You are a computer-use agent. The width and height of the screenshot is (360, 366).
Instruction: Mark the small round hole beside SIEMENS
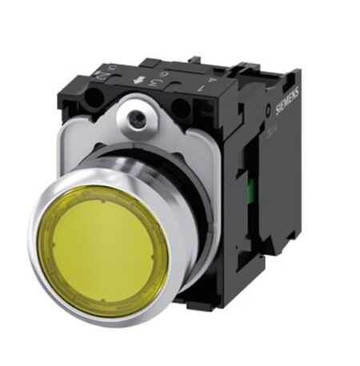(268, 109)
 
